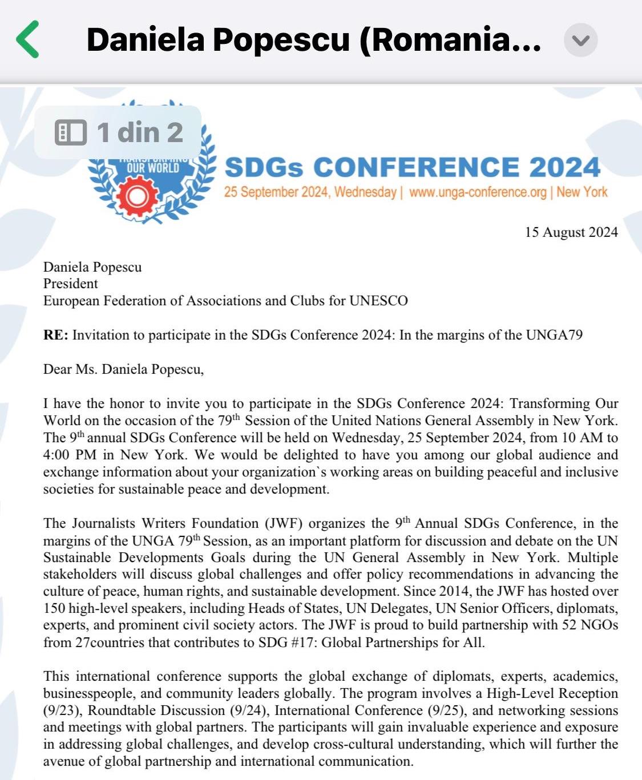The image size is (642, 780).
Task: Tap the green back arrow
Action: [27, 39]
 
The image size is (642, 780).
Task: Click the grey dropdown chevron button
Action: [580, 41]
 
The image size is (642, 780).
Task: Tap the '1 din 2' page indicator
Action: [119, 132]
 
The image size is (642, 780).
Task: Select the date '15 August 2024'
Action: [571, 232]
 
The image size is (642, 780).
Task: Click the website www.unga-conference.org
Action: [478, 192]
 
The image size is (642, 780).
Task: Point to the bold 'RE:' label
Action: [55, 335]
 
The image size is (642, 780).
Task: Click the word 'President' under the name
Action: [70, 284]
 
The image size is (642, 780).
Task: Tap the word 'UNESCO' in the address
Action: [378, 301]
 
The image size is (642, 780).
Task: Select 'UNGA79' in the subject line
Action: [556, 335]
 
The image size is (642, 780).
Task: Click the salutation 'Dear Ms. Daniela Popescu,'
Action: [123, 369]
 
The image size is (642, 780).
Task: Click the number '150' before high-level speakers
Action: [54, 608]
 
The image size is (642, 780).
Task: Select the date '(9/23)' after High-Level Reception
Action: [63, 710]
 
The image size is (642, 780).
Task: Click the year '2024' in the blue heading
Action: [564, 168]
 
